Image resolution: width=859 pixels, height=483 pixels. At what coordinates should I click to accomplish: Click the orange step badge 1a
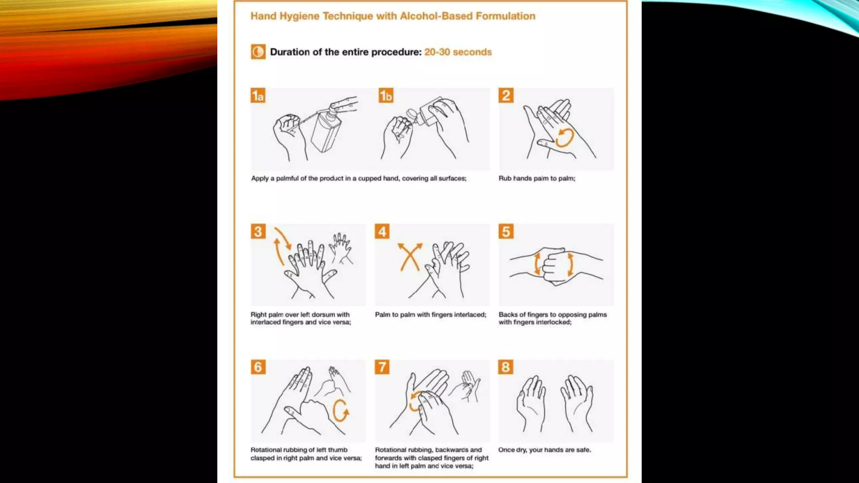click(x=258, y=96)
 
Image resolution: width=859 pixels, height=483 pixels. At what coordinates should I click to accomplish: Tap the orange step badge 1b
click(x=386, y=96)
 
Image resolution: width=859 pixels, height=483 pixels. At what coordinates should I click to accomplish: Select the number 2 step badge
click(x=506, y=96)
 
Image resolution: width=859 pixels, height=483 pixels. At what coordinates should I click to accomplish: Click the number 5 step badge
click(x=506, y=231)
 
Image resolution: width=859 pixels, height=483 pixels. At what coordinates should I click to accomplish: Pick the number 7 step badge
click(x=382, y=367)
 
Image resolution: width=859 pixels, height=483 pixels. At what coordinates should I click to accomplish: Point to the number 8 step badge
click(x=506, y=367)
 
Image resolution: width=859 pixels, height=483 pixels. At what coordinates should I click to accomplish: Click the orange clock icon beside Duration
click(x=258, y=52)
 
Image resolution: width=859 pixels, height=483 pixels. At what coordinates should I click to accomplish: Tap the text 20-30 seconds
click(x=458, y=52)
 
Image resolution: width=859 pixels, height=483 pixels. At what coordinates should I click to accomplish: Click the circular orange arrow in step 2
click(x=565, y=138)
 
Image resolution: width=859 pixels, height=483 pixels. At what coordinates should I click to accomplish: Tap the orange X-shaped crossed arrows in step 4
click(x=410, y=257)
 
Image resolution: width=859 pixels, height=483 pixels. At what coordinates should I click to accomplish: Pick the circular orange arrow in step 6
click(x=340, y=410)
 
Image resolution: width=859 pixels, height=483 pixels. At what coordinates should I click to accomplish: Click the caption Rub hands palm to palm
click(x=536, y=178)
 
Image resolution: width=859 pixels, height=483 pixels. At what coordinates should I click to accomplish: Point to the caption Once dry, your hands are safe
click(x=544, y=450)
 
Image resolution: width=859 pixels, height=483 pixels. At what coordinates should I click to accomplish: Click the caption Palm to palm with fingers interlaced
click(x=430, y=314)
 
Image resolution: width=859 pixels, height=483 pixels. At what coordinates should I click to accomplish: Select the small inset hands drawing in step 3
click(x=341, y=248)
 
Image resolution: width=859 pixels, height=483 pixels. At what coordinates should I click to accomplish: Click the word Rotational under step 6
click(x=266, y=450)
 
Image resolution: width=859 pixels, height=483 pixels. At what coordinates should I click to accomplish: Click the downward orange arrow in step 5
click(x=570, y=265)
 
